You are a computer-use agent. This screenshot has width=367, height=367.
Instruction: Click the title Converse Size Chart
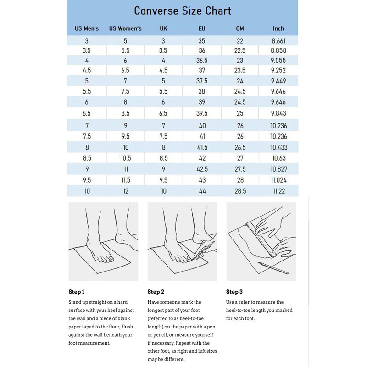coord(183,11)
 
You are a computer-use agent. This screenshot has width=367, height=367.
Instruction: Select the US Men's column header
coord(87,28)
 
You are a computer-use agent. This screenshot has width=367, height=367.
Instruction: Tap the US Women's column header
coord(125,28)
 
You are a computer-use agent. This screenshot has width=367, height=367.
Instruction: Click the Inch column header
coord(278,28)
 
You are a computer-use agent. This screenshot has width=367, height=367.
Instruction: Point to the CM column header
coord(240,28)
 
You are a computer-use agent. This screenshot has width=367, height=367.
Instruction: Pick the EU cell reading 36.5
coord(202,60)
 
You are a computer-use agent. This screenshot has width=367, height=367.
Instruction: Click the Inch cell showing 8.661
coord(278,41)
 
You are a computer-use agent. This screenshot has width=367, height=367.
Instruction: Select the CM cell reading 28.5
coord(240,190)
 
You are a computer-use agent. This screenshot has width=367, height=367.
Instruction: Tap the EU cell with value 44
coord(202,190)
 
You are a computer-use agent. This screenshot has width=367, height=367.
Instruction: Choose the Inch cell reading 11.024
coord(278,180)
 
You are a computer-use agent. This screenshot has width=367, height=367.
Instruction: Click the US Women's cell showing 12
coord(125,190)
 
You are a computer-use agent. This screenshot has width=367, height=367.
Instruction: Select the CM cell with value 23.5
coord(240,70)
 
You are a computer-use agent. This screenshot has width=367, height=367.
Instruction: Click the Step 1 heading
coord(77,292)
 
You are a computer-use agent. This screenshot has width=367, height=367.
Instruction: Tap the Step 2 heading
coord(156,292)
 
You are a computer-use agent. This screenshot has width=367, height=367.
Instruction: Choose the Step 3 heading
coord(234,292)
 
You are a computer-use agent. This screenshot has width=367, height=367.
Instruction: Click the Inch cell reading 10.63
coord(278,158)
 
